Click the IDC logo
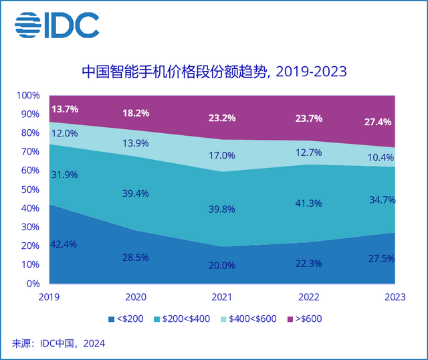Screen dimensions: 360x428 point(56,25)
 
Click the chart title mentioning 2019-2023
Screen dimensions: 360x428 point(213,71)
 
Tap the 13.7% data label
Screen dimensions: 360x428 point(64,108)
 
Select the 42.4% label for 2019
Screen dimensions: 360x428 point(64,244)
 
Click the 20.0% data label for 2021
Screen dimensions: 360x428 point(221,265)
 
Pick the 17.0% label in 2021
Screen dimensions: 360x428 point(221,155)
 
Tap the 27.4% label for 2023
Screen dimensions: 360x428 point(378,122)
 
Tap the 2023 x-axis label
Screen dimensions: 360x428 point(394,296)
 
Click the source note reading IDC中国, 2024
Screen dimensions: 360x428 point(58,344)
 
